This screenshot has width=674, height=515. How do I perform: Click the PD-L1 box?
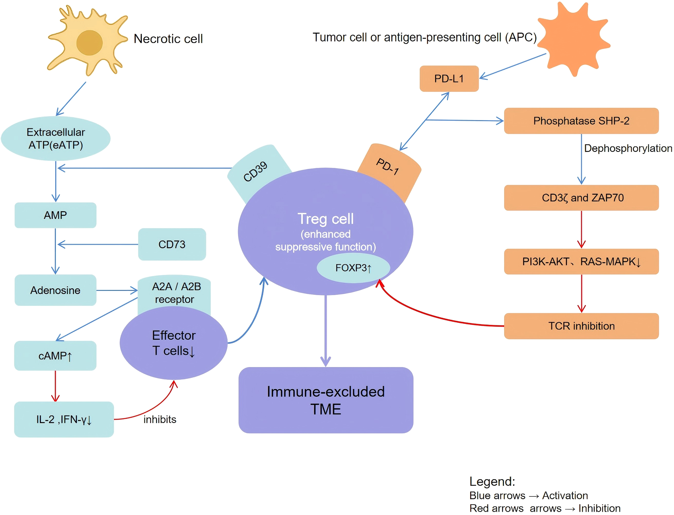pos(449,78)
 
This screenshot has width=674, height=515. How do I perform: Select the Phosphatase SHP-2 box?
pos(581,121)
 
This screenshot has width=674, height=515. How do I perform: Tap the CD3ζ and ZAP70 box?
pos(581,198)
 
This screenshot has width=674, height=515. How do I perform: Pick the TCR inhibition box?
pos(581,326)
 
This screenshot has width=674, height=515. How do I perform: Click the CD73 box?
pos(172,244)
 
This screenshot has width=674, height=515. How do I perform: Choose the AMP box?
pos(55,215)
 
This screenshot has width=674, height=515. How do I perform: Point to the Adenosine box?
pos(55,290)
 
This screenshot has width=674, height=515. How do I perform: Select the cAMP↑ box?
pos(55,356)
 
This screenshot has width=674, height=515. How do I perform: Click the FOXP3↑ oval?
pos(353,268)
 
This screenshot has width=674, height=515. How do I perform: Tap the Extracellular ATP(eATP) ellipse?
pos(56,139)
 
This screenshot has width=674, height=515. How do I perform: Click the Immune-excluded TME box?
pos(326,400)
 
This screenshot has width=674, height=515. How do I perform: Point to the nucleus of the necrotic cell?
pos(89,43)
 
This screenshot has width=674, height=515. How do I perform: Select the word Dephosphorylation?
pos(627,148)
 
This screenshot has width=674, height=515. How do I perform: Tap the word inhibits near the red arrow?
pos(160,419)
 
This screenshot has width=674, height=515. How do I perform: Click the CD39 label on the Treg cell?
pos(255,172)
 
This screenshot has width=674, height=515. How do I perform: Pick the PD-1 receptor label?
pos(387,167)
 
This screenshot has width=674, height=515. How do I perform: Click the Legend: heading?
pos(492,482)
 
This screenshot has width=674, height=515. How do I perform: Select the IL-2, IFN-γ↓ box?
pos(64,419)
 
